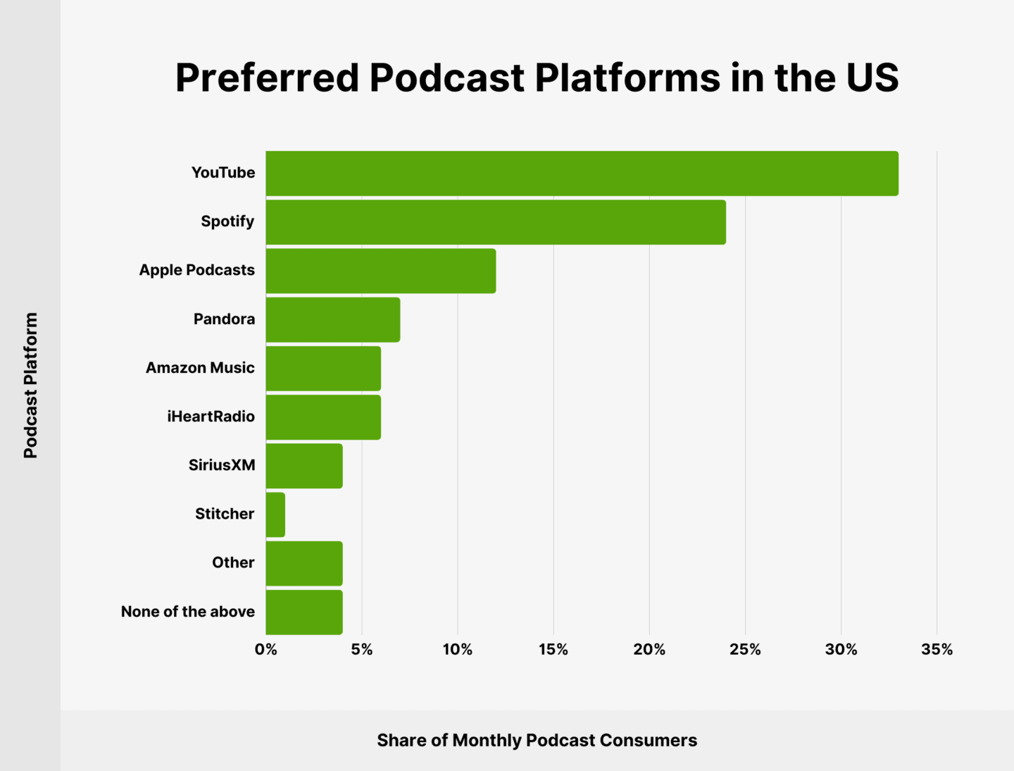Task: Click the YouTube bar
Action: click(x=582, y=173)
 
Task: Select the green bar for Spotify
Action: click(x=496, y=222)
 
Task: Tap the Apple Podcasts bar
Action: click(x=381, y=271)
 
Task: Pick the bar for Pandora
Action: click(x=333, y=319)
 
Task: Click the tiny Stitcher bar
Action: click(x=275, y=514)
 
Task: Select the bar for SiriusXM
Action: click(x=304, y=466)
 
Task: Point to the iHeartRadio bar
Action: click(x=323, y=417)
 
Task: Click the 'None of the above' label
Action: click(x=188, y=612)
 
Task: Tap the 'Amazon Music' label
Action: click(x=200, y=368)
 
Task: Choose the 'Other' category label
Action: click(x=233, y=562)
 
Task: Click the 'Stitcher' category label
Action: click(x=225, y=514)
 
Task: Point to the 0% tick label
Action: click(x=266, y=650)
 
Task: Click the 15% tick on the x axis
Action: click(x=553, y=650)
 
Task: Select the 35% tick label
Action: click(x=937, y=650)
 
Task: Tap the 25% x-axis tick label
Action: click(x=745, y=650)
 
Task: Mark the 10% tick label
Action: click(x=458, y=650)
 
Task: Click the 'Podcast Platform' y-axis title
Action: click(x=30, y=385)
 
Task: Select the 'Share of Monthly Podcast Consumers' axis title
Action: click(x=537, y=740)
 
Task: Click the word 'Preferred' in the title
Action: click(x=267, y=78)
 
